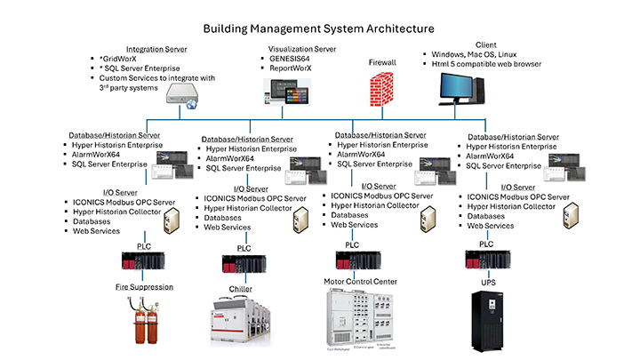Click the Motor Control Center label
360,282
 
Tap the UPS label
486,283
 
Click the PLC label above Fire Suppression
145,244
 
